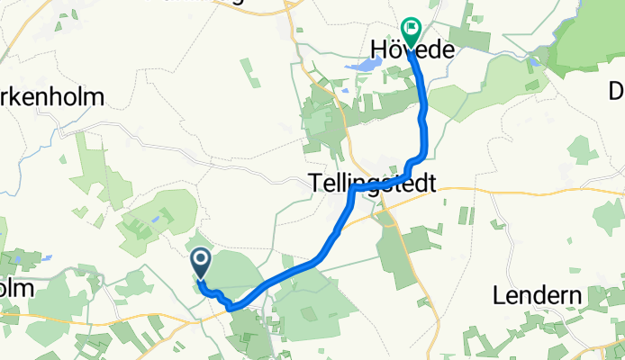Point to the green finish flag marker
point(412,32)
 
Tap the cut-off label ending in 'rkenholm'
point(52,96)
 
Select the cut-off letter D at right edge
point(617,91)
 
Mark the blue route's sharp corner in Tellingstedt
point(352,190)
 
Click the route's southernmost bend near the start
point(231,308)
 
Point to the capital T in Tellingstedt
point(315,184)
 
